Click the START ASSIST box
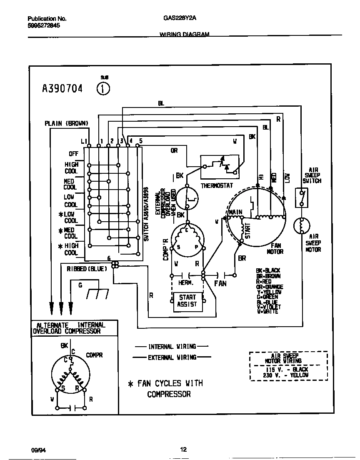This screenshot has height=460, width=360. (187, 301)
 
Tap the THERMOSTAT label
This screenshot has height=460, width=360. (217, 186)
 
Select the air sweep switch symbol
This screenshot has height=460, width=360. (302, 197)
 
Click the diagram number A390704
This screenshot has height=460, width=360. (62, 89)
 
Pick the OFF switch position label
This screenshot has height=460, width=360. (73, 154)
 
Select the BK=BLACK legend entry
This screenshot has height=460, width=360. (268, 271)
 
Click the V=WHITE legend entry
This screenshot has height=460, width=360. (267, 312)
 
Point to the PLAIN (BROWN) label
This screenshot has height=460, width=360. (67, 123)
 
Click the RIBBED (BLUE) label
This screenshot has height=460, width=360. (87, 269)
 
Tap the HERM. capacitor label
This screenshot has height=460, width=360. (185, 283)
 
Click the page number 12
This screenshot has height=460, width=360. (183, 449)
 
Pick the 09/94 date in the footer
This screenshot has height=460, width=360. (38, 450)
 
